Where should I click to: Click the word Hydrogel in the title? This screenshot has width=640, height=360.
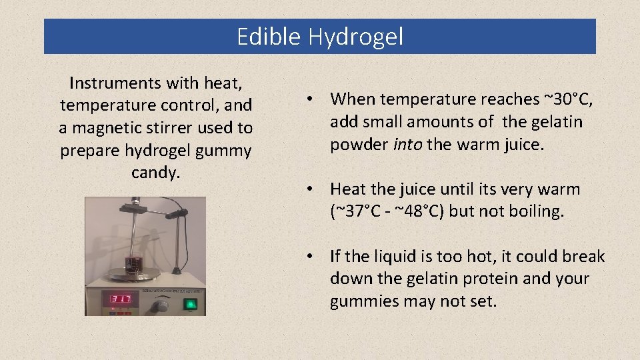coord(355,37)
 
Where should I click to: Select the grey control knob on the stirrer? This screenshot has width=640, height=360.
coord(159,304)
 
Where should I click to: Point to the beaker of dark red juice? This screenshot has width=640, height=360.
coord(136,257)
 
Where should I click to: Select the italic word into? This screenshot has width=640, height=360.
coord(408,145)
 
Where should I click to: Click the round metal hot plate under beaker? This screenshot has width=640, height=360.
coord(135,273)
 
